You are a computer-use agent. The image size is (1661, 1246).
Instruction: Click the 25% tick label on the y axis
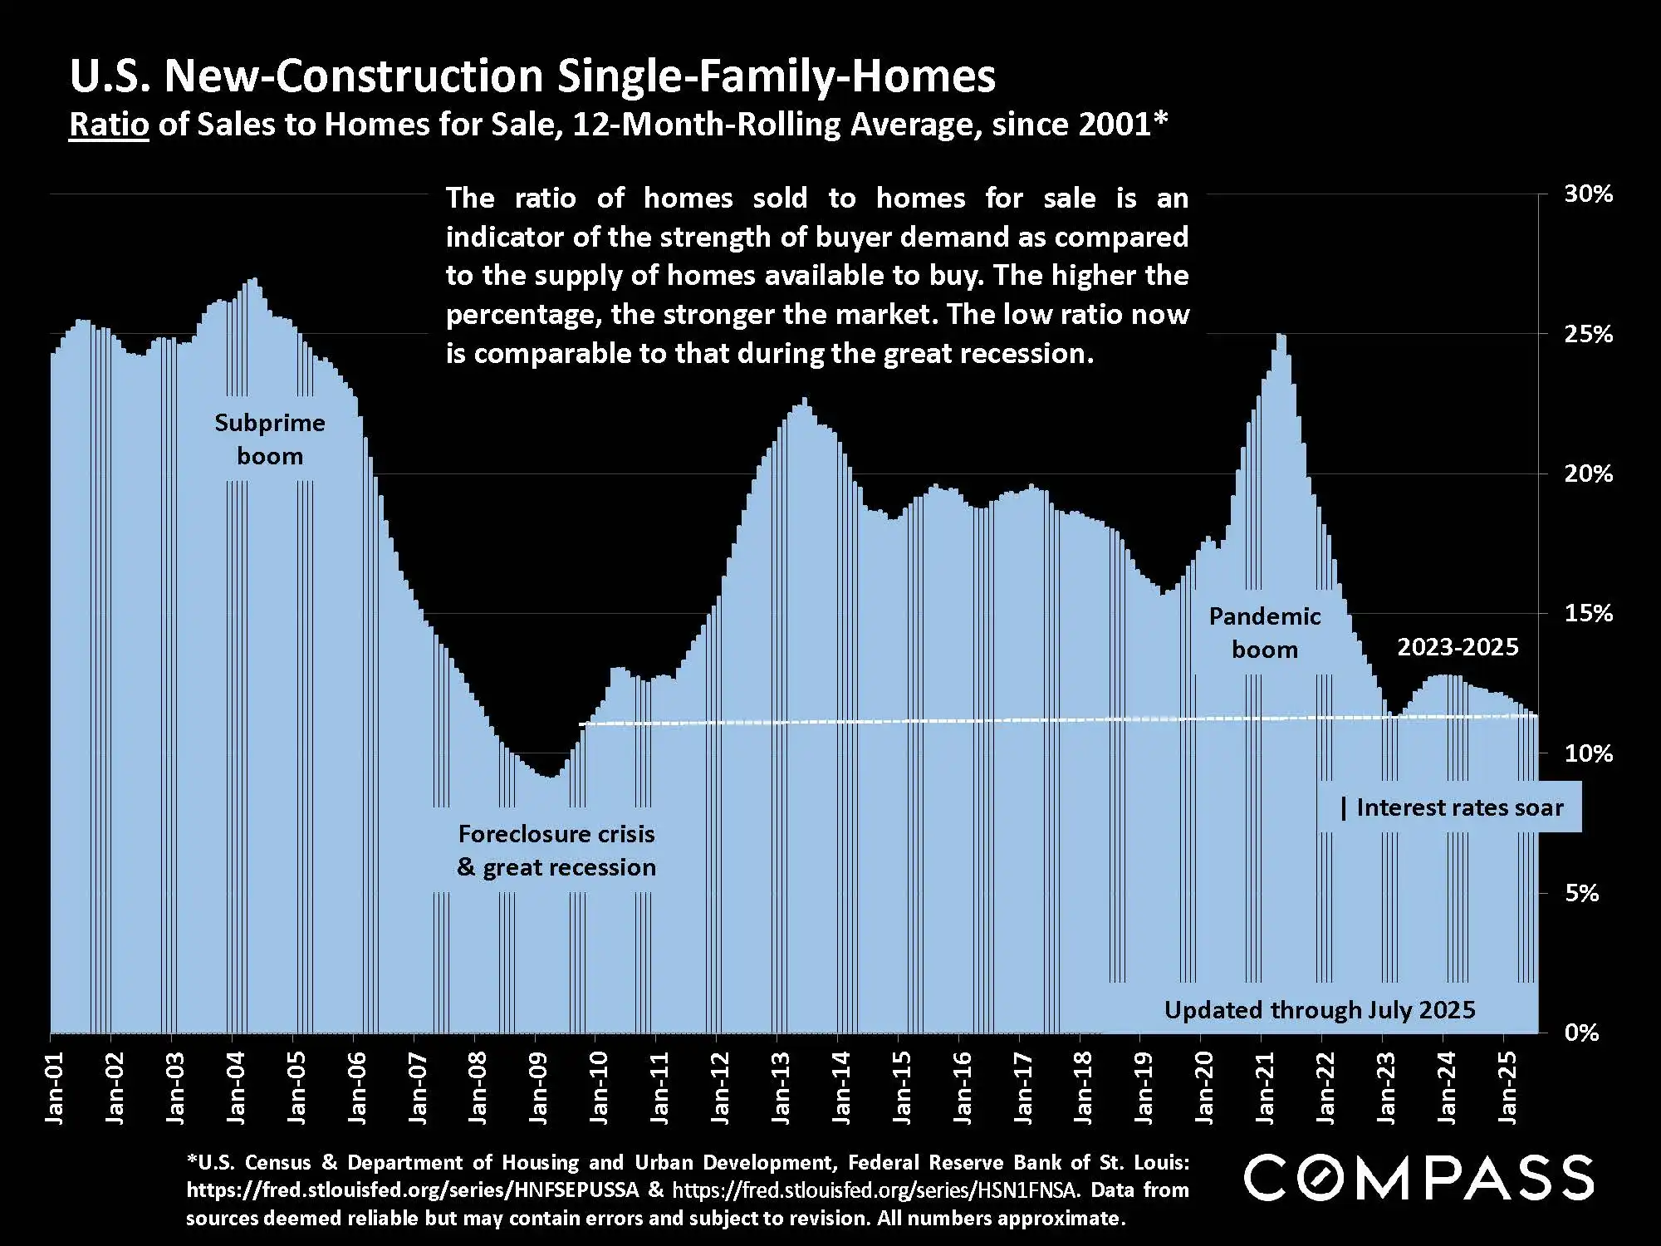1588,335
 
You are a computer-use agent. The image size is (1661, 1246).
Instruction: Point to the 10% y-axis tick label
1588,754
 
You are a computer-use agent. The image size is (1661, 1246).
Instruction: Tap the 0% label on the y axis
1581,1033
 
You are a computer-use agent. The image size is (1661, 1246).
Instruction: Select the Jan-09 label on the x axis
539,1088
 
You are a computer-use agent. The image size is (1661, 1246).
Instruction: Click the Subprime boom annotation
270,439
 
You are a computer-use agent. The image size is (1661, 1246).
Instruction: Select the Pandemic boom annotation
1264,633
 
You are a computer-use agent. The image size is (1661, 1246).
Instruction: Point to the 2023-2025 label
1458,647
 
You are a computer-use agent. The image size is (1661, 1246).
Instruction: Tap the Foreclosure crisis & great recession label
556,851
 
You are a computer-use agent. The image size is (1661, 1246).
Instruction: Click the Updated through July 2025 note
1320,1010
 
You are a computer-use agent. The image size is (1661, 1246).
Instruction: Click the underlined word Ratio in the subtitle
109,125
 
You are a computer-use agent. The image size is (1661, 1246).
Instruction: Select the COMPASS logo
1418,1178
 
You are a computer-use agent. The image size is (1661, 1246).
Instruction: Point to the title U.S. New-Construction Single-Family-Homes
532,76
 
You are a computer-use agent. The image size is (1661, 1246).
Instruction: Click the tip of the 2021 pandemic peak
1281,334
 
